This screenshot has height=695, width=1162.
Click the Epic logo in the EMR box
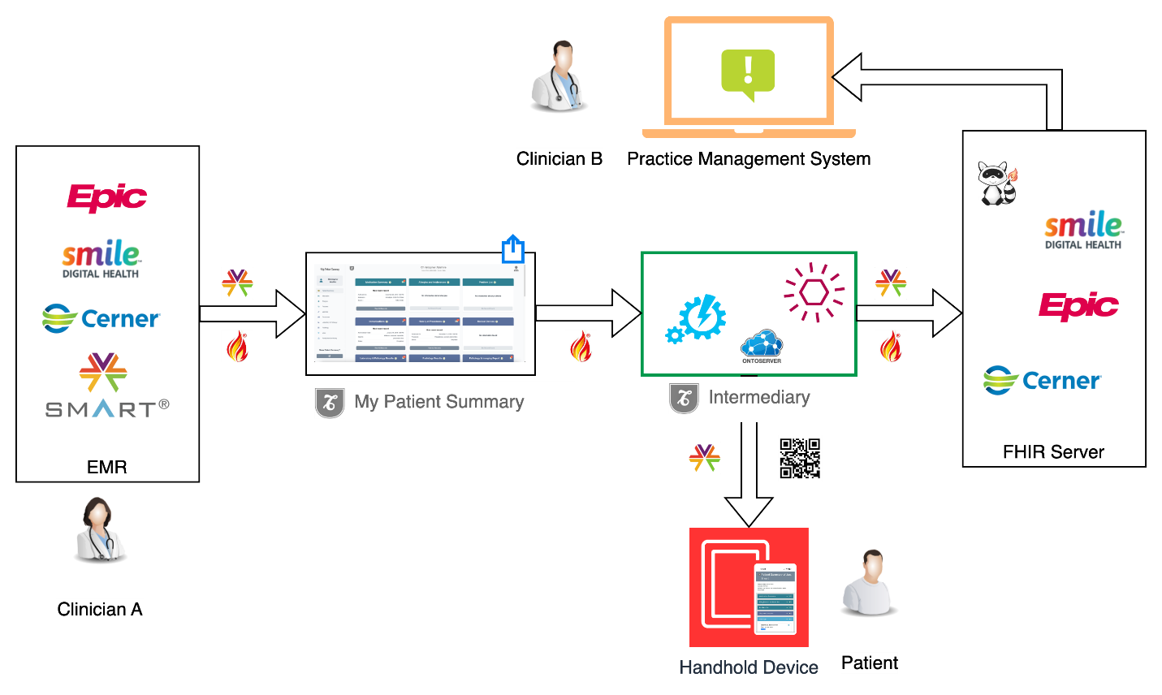107,197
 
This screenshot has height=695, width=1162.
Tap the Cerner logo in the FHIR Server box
1042,380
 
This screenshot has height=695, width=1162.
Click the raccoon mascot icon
997,183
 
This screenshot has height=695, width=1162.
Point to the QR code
800,458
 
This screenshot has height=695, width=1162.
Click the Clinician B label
559,159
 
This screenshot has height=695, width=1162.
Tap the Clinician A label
100,610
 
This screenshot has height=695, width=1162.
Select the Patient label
870,663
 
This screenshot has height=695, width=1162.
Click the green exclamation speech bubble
748,74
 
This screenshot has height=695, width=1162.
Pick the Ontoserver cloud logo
762,346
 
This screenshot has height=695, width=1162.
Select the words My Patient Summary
439,402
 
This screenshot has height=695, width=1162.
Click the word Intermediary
759,397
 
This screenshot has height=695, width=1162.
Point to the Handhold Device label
749,667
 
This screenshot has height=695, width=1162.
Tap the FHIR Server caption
1053,452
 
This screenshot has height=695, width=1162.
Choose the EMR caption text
107,467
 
